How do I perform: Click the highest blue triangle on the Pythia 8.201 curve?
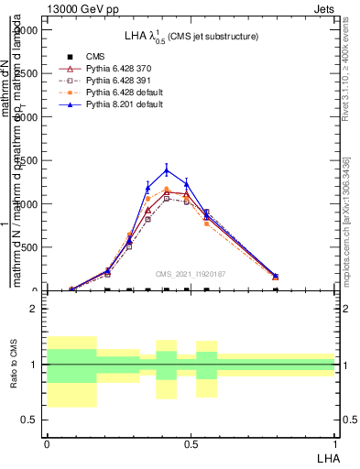pyautogui.click(x=167, y=169)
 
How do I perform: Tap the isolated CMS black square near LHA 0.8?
pyautogui.click(x=276, y=290)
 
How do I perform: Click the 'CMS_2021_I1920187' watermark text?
pyautogui.click(x=191, y=273)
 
